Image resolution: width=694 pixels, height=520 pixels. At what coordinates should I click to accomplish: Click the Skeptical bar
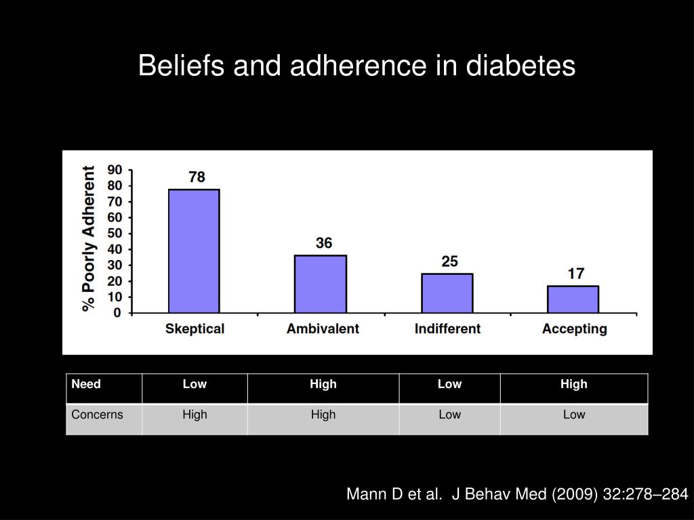pyautogui.click(x=194, y=251)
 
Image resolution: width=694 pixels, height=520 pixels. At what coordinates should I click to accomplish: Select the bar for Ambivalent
pyautogui.click(x=321, y=284)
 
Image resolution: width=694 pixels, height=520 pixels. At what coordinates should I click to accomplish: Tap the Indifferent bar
pyautogui.click(x=447, y=293)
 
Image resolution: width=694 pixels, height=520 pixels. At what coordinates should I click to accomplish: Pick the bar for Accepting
pyautogui.click(x=573, y=299)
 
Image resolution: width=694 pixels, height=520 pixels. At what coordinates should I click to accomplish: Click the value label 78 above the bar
pyautogui.click(x=197, y=177)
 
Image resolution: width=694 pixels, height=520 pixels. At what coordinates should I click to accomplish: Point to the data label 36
pyautogui.click(x=324, y=242)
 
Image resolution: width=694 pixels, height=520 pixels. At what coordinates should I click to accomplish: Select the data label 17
pyautogui.click(x=576, y=274)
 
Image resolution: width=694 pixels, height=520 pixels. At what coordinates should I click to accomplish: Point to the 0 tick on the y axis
pyautogui.click(x=117, y=313)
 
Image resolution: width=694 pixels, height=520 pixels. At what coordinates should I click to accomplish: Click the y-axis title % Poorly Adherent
pyautogui.click(x=89, y=238)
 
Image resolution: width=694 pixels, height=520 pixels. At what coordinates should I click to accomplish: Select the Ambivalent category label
pyautogui.click(x=323, y=329)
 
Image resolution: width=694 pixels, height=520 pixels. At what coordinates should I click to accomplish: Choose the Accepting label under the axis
pyautogui.click(x=575, y=329)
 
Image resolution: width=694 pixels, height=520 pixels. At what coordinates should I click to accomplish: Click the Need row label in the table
pyautogui.click(x=86, y=385)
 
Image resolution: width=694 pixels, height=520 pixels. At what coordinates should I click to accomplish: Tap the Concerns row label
pyautogui.click(x=98, y=414)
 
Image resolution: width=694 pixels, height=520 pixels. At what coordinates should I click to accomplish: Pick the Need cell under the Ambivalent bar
pyautogui.click(x=323, y=385)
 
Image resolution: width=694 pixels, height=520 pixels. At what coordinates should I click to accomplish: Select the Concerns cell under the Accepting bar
pyautogui.click(x=574, y=414)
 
